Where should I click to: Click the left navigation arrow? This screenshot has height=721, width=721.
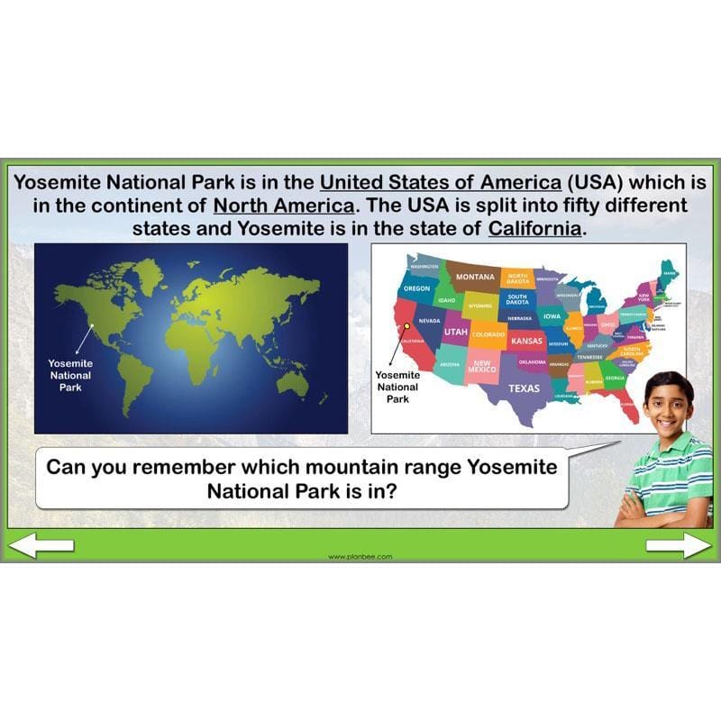point(41,544)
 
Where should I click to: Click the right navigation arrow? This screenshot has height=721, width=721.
point(679,544)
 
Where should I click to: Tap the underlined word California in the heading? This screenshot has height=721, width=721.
point(536,228)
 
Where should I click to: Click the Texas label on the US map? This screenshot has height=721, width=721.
point(524,388)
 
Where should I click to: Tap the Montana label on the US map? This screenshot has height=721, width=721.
point(474,277)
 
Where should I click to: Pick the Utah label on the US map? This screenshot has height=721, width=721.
point(455,332)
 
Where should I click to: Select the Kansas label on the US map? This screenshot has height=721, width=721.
point(526,342)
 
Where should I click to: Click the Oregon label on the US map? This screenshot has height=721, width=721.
point(416,288)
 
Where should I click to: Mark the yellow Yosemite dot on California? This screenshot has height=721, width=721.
point(407,326)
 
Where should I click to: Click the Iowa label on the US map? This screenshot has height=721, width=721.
point(552,316)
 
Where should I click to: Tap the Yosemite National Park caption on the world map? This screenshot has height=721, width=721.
point(70,375)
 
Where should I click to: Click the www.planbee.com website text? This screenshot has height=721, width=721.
point(360,556)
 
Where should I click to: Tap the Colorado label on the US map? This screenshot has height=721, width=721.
point(488,334)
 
